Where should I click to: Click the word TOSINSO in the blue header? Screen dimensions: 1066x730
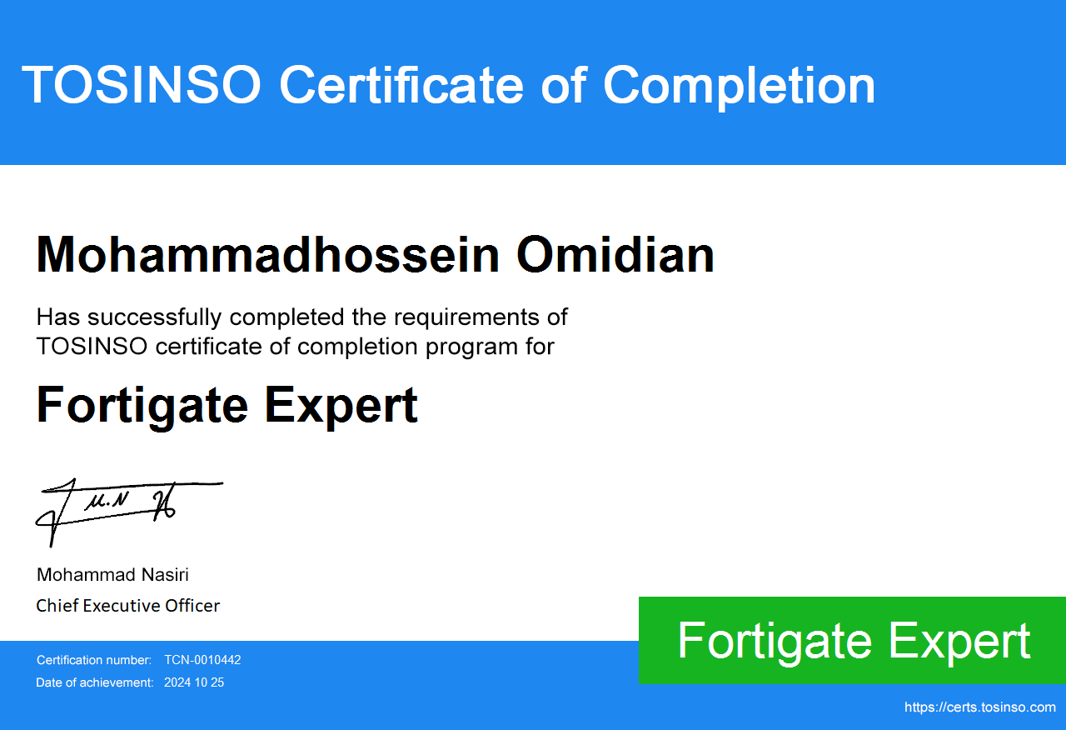pyautogui.click(x=142, y=85)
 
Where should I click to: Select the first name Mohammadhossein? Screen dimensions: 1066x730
pyautogui.click(x=268, y=255)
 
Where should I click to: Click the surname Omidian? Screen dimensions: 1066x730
pyautogui.click(x=615, y=255)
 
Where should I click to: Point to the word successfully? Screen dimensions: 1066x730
pyautogui.click(x=155, y=317)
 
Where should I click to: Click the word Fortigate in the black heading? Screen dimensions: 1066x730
pyautogui.click(x=142, y=406)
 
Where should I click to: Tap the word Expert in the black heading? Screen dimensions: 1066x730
pyautogui.click(x=341, y=406)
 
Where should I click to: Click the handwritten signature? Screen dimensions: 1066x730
pyautogui.click(x=128, y=512)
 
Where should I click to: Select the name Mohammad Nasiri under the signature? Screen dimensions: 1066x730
pyautogui.click(x=112, y=575)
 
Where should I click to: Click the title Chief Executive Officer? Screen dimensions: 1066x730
pyautogui.click(x=128, y=606)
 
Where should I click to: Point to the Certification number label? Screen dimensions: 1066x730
pyautogui.click(x=94, y=660)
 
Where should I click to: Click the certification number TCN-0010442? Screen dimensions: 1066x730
pyautogui.click(x=202, y=660)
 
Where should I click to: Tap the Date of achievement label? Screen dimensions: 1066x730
pyautogui.click(x=95, y=682)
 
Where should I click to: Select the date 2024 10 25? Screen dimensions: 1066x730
pyautogui.click(x=194, y=682)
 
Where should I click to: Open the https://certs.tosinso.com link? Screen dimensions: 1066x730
pyautogui.click(x=980, y=707)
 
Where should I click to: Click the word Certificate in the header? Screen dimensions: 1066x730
pyautogui.click(x=401, y=85)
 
